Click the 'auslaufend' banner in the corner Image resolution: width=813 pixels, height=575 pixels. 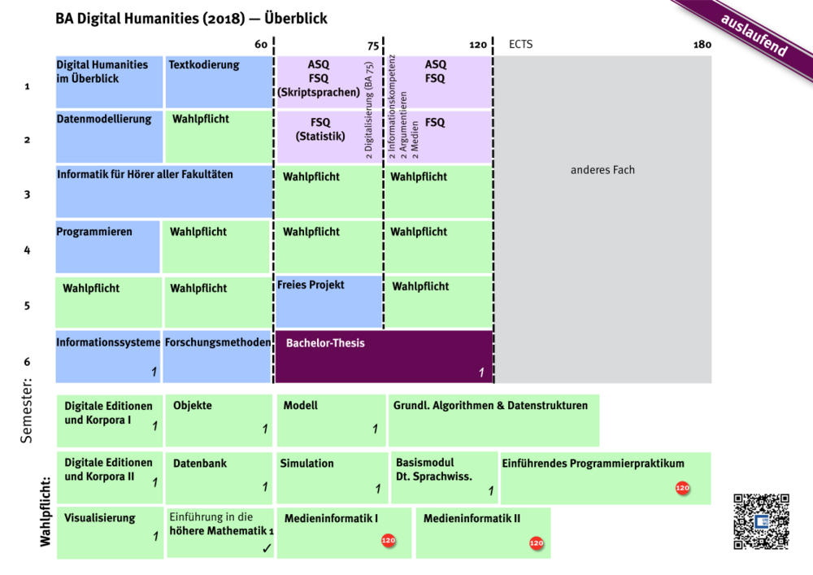pyautogui.click(x=753, y=37)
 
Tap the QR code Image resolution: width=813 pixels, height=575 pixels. pyautogui.click(x=761, y=522)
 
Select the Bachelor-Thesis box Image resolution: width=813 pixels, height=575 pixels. pyautogui.click(x=384, y=356)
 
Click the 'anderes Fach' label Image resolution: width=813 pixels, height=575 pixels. pyautogui.click(x=602, y=170)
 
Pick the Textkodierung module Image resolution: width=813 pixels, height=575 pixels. pyautogui.click(x=219, y=81)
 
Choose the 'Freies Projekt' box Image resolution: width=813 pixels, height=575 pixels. pyautogui.click(x=328, y=301)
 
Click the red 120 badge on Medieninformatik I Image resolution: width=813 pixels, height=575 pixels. pyautogui.click(x=388, y=540)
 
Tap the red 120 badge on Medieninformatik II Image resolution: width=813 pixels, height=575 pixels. pyautogui.click(x=536, y=542)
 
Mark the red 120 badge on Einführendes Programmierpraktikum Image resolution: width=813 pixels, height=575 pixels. pyautogui.click(x=682, y=488)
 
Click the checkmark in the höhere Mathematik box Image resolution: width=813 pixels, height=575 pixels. pyautogui.click(x=267, y=549)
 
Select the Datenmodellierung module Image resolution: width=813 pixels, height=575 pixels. pyautogui.click(x=109, y=136)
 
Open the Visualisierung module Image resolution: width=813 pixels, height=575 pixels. pyautogui.click(x=110, y=533)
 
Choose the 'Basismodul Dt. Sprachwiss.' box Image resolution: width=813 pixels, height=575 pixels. pyautogui.click(x=444, y=476)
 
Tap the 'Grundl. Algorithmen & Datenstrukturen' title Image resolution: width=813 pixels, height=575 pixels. pyautogui.click(x=490, y=405)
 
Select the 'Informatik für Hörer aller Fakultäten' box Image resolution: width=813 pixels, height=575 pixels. pyautogui.click(x=163, y=191)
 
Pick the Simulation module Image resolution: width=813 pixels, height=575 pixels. pyautogui.click(x=331, y=476)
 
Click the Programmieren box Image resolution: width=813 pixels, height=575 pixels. pyautogui.click(x=107, y=246)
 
